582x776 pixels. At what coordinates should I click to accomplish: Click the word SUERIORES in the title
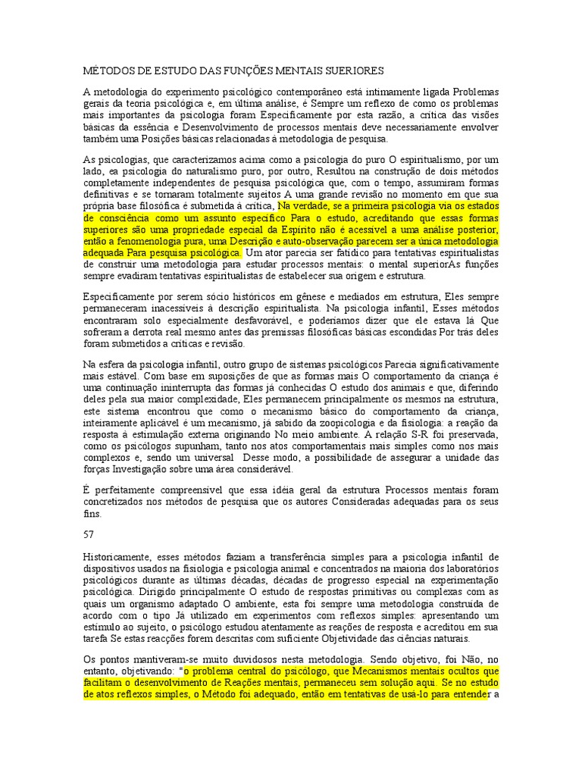(353, 70)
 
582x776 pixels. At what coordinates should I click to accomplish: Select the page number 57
(88, 533)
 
